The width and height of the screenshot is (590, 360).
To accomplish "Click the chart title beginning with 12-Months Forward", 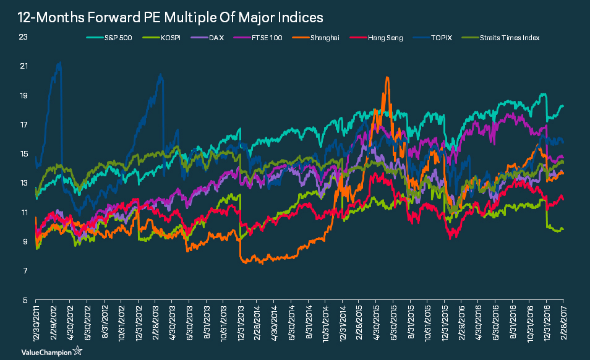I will [166, 15].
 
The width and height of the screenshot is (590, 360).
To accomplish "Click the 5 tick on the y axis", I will [25, 301].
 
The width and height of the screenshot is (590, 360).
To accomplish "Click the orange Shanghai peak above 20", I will [387, 78].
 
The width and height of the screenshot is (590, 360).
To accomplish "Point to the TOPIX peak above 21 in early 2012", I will [59, 62].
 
